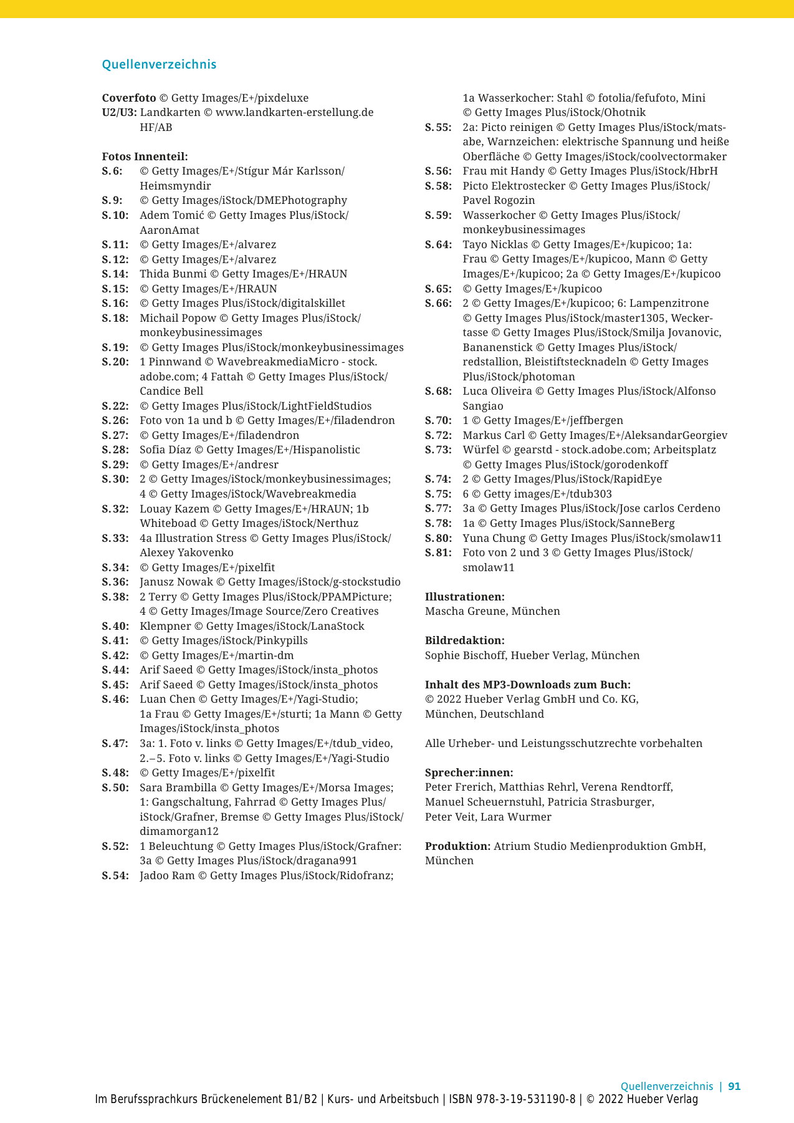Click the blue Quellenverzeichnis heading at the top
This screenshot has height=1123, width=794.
159,64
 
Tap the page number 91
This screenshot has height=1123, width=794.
734,1086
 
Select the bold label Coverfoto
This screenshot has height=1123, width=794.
129,98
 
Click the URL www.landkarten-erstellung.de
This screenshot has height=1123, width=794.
294,112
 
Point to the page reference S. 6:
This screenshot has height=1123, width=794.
112,171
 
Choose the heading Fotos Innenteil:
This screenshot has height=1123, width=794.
145,157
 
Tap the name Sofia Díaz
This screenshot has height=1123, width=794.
165,450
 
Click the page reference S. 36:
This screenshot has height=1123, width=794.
115,582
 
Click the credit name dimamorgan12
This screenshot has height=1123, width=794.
179,831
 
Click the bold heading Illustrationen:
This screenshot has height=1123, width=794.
464,597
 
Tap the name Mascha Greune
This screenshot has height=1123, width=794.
466,611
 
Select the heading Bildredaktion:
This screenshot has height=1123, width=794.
464,640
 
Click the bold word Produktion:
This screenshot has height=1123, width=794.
457,846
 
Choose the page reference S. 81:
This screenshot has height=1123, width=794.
438,552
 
